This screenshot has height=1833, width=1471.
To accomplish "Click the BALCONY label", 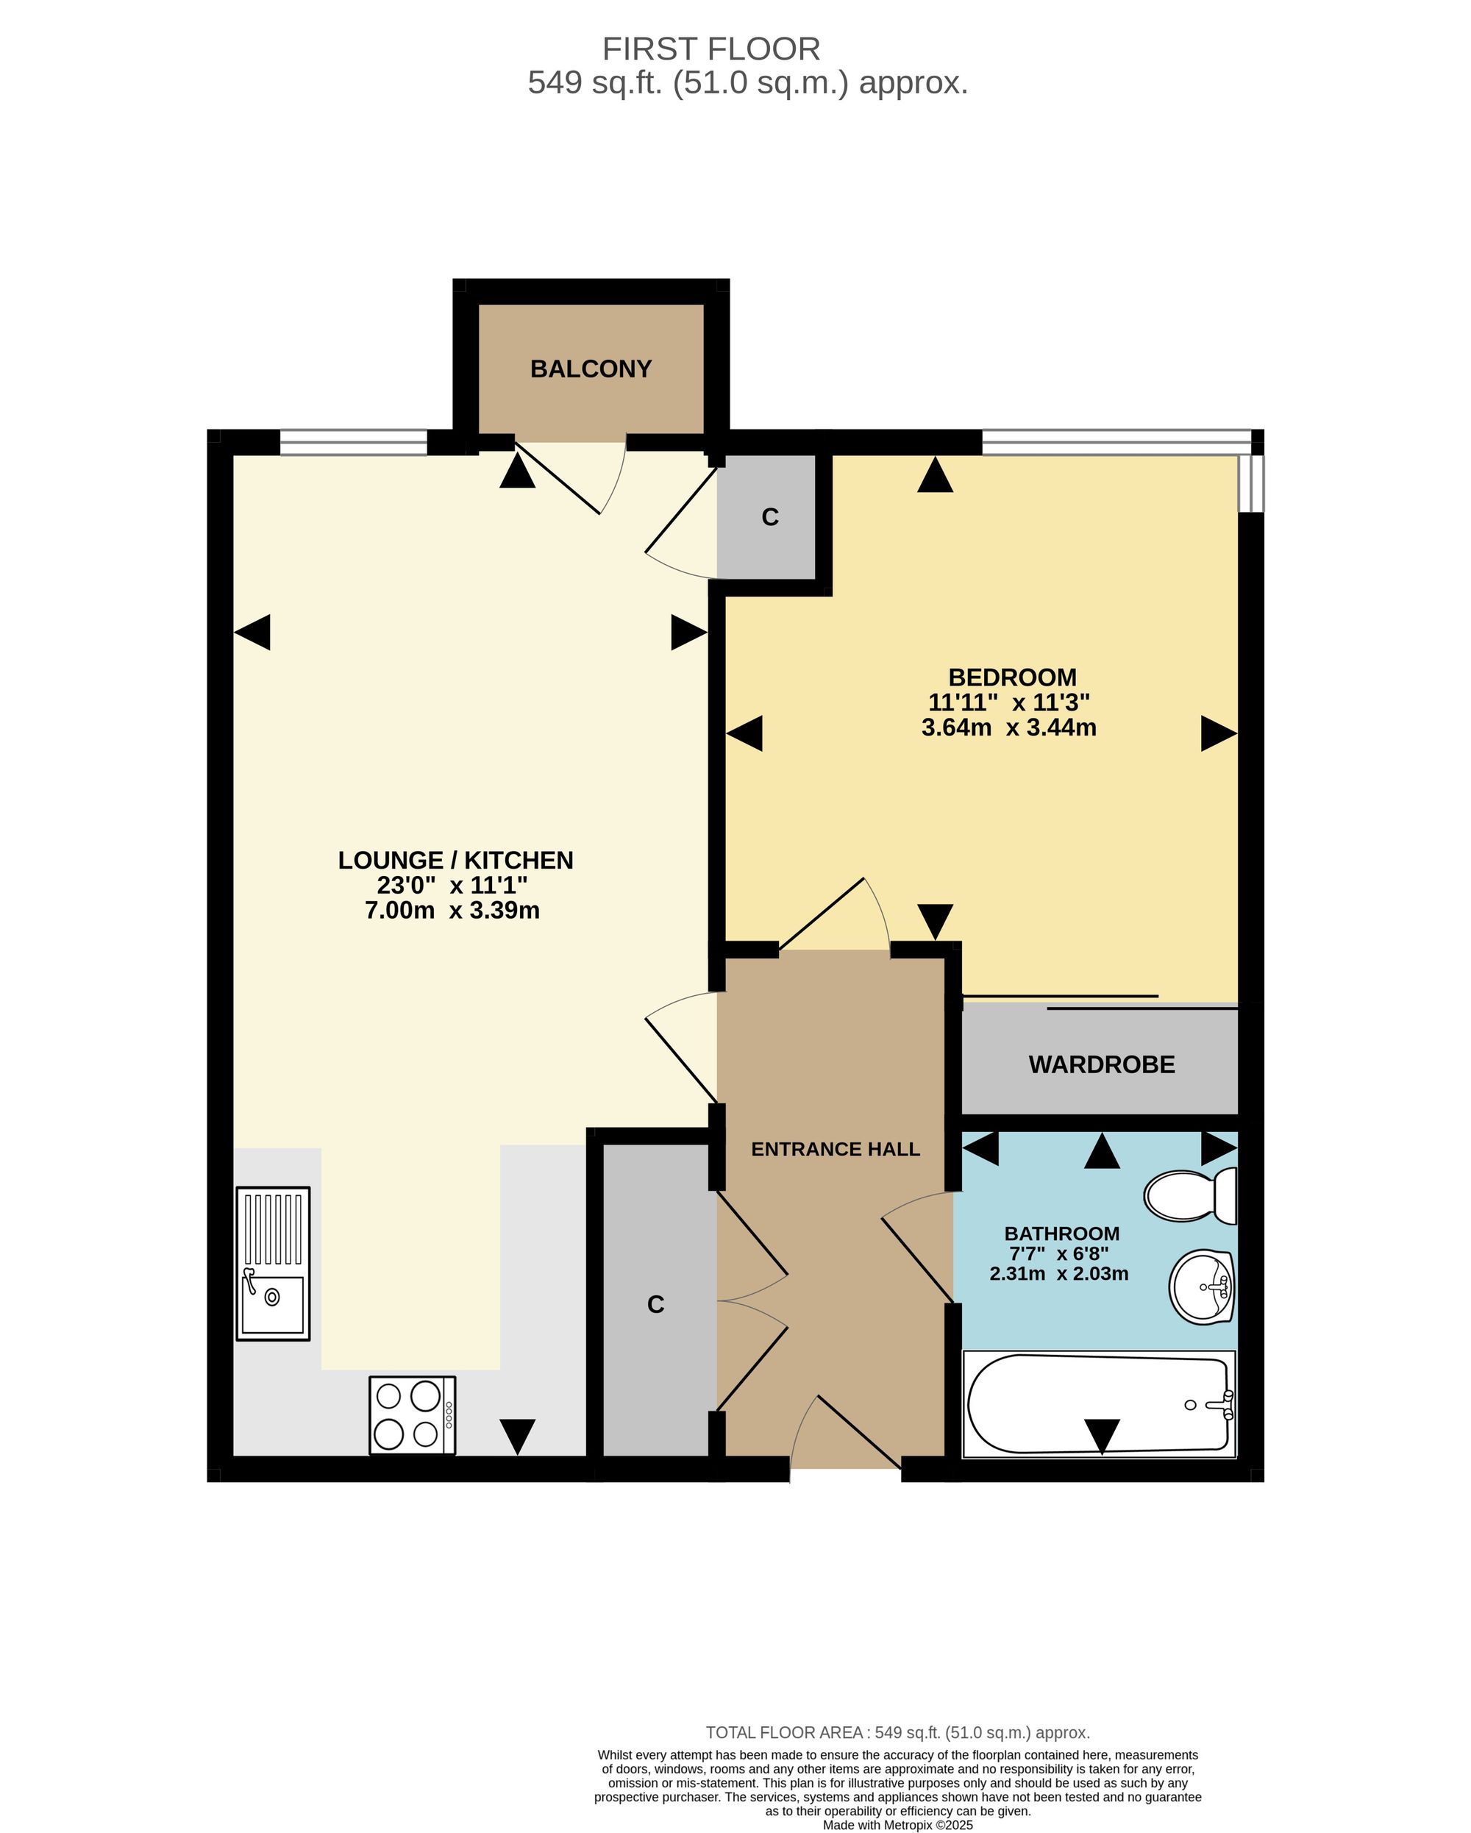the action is tap(590, 369).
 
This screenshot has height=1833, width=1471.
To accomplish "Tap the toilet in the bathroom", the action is tap(1190, 1195).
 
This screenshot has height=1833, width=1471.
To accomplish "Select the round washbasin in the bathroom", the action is tap(1203, 1287).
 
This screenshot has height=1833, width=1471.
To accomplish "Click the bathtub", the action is tap(1099, 1403).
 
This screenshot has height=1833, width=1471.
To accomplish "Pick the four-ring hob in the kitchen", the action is tap(413, 1414).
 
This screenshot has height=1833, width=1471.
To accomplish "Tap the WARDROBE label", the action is tap(1101, 1064).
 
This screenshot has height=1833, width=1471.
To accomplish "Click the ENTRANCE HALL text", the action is tap(835, 1150).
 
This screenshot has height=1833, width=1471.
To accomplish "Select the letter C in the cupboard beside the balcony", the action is tap(769, 517).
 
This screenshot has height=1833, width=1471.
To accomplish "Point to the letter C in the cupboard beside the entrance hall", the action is tap(655, 1304).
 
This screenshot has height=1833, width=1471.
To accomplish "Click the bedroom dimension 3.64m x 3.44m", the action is tap(1008, 727).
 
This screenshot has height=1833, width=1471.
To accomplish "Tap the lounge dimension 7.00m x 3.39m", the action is tap(452, 911).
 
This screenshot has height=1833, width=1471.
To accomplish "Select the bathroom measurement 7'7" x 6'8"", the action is tap(1058, 1253).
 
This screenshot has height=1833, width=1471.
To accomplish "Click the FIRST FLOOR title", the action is tap(710, 49).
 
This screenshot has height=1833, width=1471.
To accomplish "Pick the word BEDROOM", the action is tap(1012, 677).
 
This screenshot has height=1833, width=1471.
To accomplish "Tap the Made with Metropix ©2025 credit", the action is tap(897, 1824).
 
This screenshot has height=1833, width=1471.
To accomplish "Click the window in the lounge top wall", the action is tap(353, 442).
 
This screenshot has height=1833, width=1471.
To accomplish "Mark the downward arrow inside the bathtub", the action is tap(1101, 1436).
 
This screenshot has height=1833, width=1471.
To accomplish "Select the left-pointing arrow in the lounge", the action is tap(252, 633).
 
